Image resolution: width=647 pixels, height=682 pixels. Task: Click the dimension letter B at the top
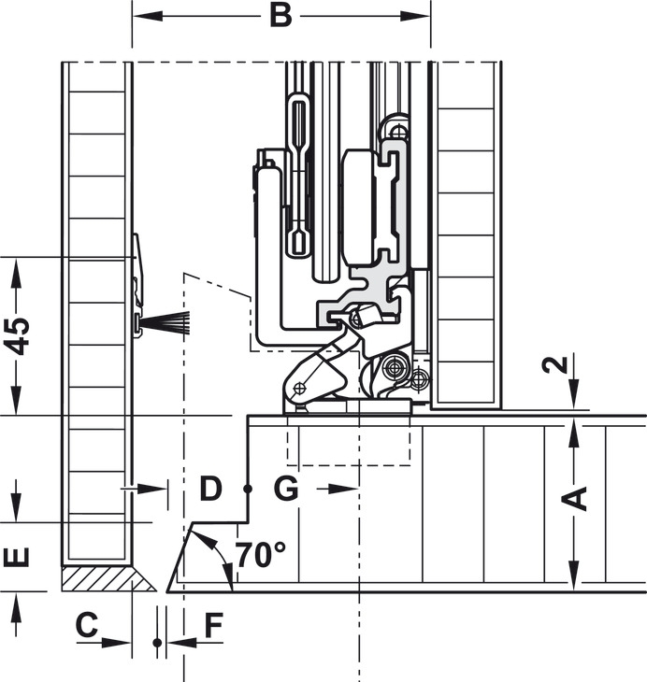(x=280, y=16)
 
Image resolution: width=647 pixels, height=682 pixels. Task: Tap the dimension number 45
(x=17, y=336)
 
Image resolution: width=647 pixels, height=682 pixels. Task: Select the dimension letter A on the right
(x=574, y=499)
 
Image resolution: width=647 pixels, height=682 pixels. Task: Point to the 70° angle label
(x=261, y=555)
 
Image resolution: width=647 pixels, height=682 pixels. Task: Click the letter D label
(x=210, y=489)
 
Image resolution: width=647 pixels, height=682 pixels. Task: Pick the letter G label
(x=286, y=489)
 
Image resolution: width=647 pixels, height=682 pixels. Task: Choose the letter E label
(x=17, y=558)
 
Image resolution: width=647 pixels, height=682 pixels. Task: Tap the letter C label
(x=87, y=625)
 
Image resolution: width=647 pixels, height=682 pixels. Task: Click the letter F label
(x=214, y=625)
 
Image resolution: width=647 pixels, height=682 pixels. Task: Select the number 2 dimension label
(x=555, y=364)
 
